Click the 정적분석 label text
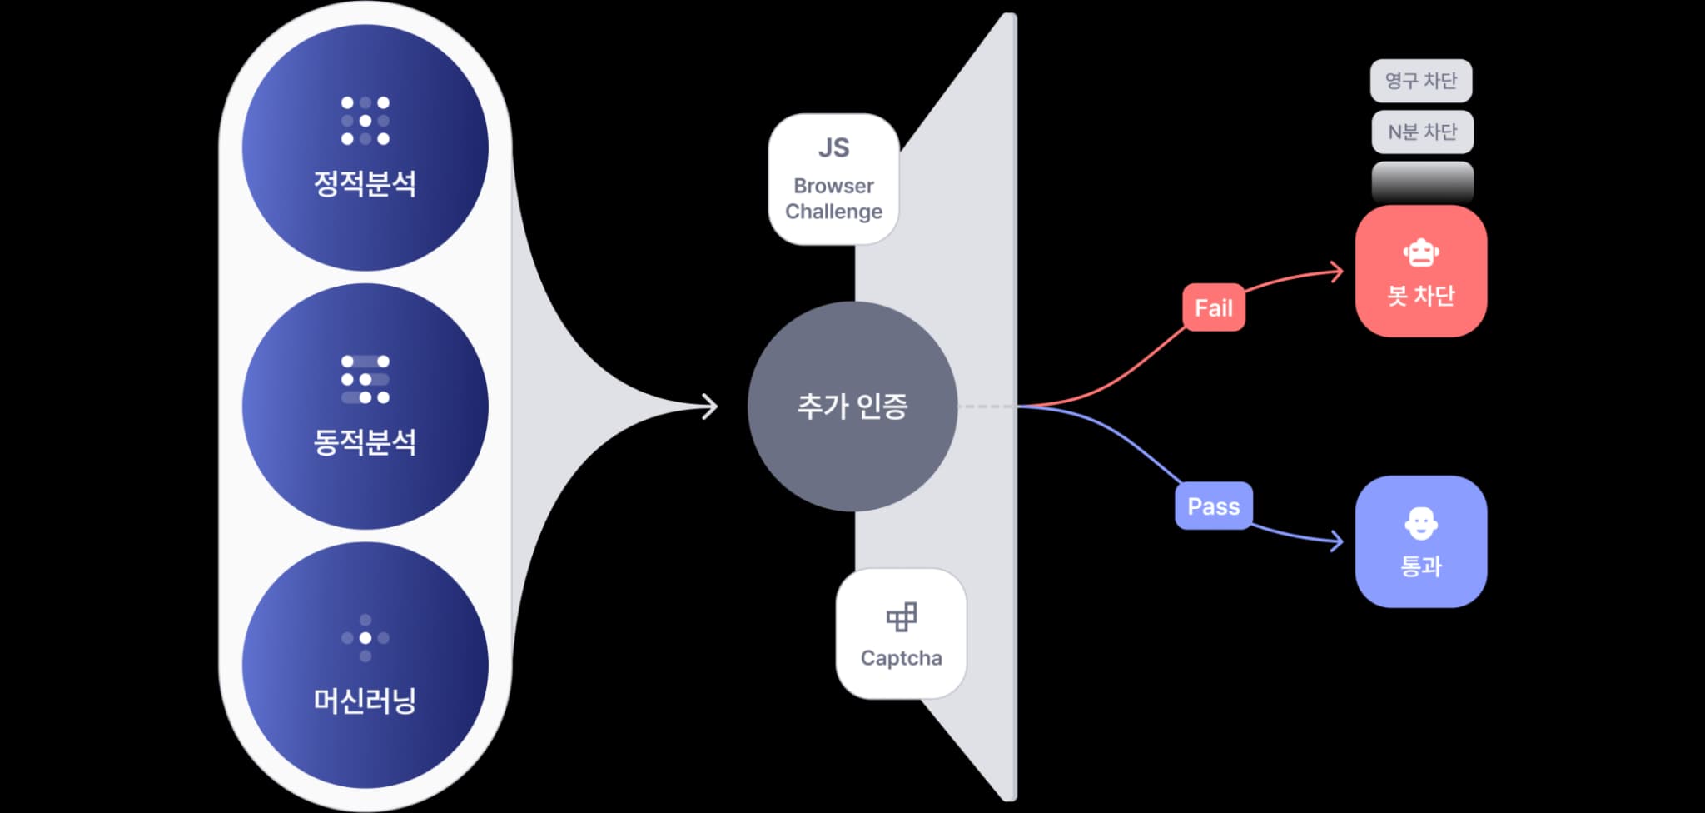click(365, 183)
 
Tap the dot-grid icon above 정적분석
click(365, 121)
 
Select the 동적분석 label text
click(365, 441)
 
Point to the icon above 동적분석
click(365, 379)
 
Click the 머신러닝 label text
click(365, 701)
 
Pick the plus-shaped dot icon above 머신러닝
click(365, 638)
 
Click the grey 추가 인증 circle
click(852, 406)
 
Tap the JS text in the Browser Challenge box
click(833, 147)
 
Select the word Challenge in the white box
click(833, 212)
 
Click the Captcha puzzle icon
click(902, 617)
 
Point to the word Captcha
click(902, 658)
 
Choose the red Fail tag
click(1214, 308)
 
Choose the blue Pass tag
click(1214, 506)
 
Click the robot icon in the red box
click(1421, 253)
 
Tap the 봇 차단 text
click(1421, 296)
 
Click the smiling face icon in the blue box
click(1421, 524)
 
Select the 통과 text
click(1421, 566)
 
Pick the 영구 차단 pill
click(1421, 81)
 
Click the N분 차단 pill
click(1422, 132)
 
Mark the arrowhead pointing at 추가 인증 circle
click(710, 406)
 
